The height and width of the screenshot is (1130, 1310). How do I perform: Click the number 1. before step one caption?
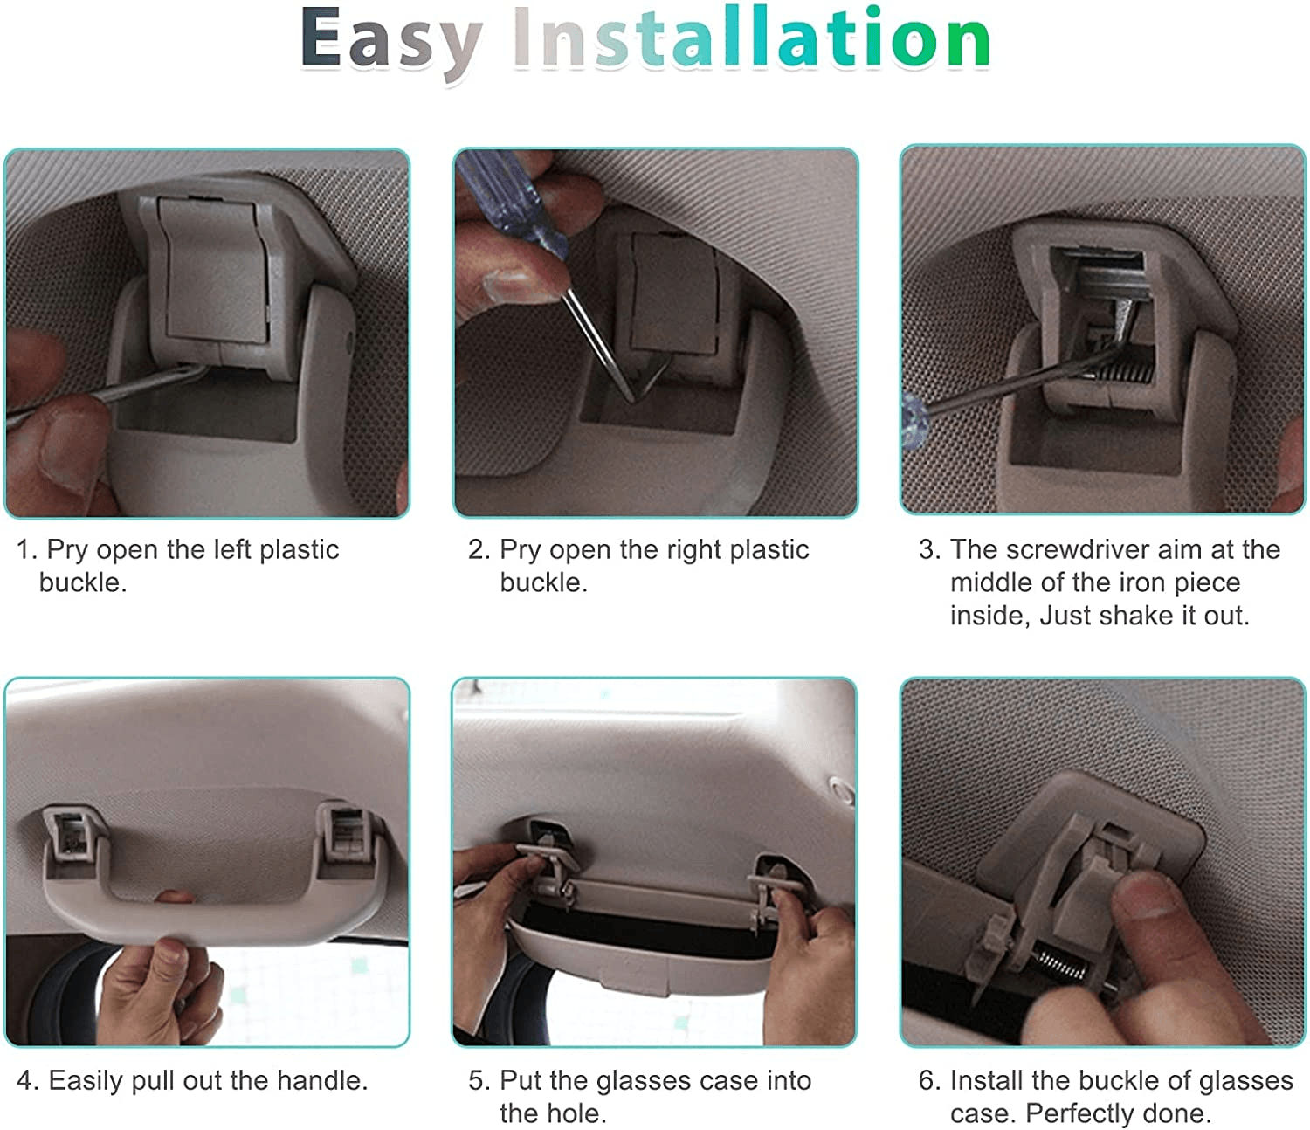[28, 549]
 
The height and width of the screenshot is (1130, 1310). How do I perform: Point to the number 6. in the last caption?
[930, 1080]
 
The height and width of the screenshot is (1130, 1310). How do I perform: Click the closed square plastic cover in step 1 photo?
[216, 272]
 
